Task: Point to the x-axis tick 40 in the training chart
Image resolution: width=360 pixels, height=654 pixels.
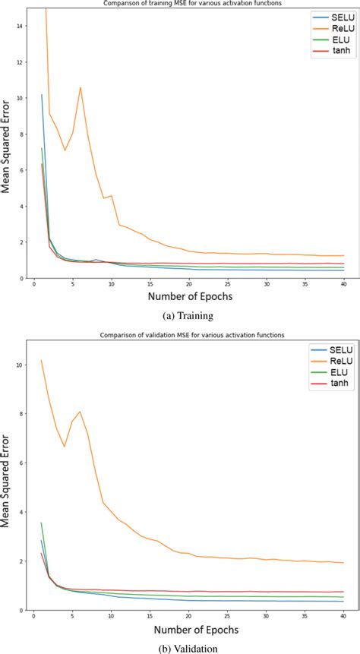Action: [x=343, y=284]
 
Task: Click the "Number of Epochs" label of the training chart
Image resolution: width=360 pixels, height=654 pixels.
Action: [x=189, y=298]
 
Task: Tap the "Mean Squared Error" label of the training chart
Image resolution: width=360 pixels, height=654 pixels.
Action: [x=7, y=144]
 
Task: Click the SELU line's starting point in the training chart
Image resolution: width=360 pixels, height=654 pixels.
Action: [x=42, y=95]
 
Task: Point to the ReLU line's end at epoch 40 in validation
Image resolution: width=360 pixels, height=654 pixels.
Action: [x=343, y=563]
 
